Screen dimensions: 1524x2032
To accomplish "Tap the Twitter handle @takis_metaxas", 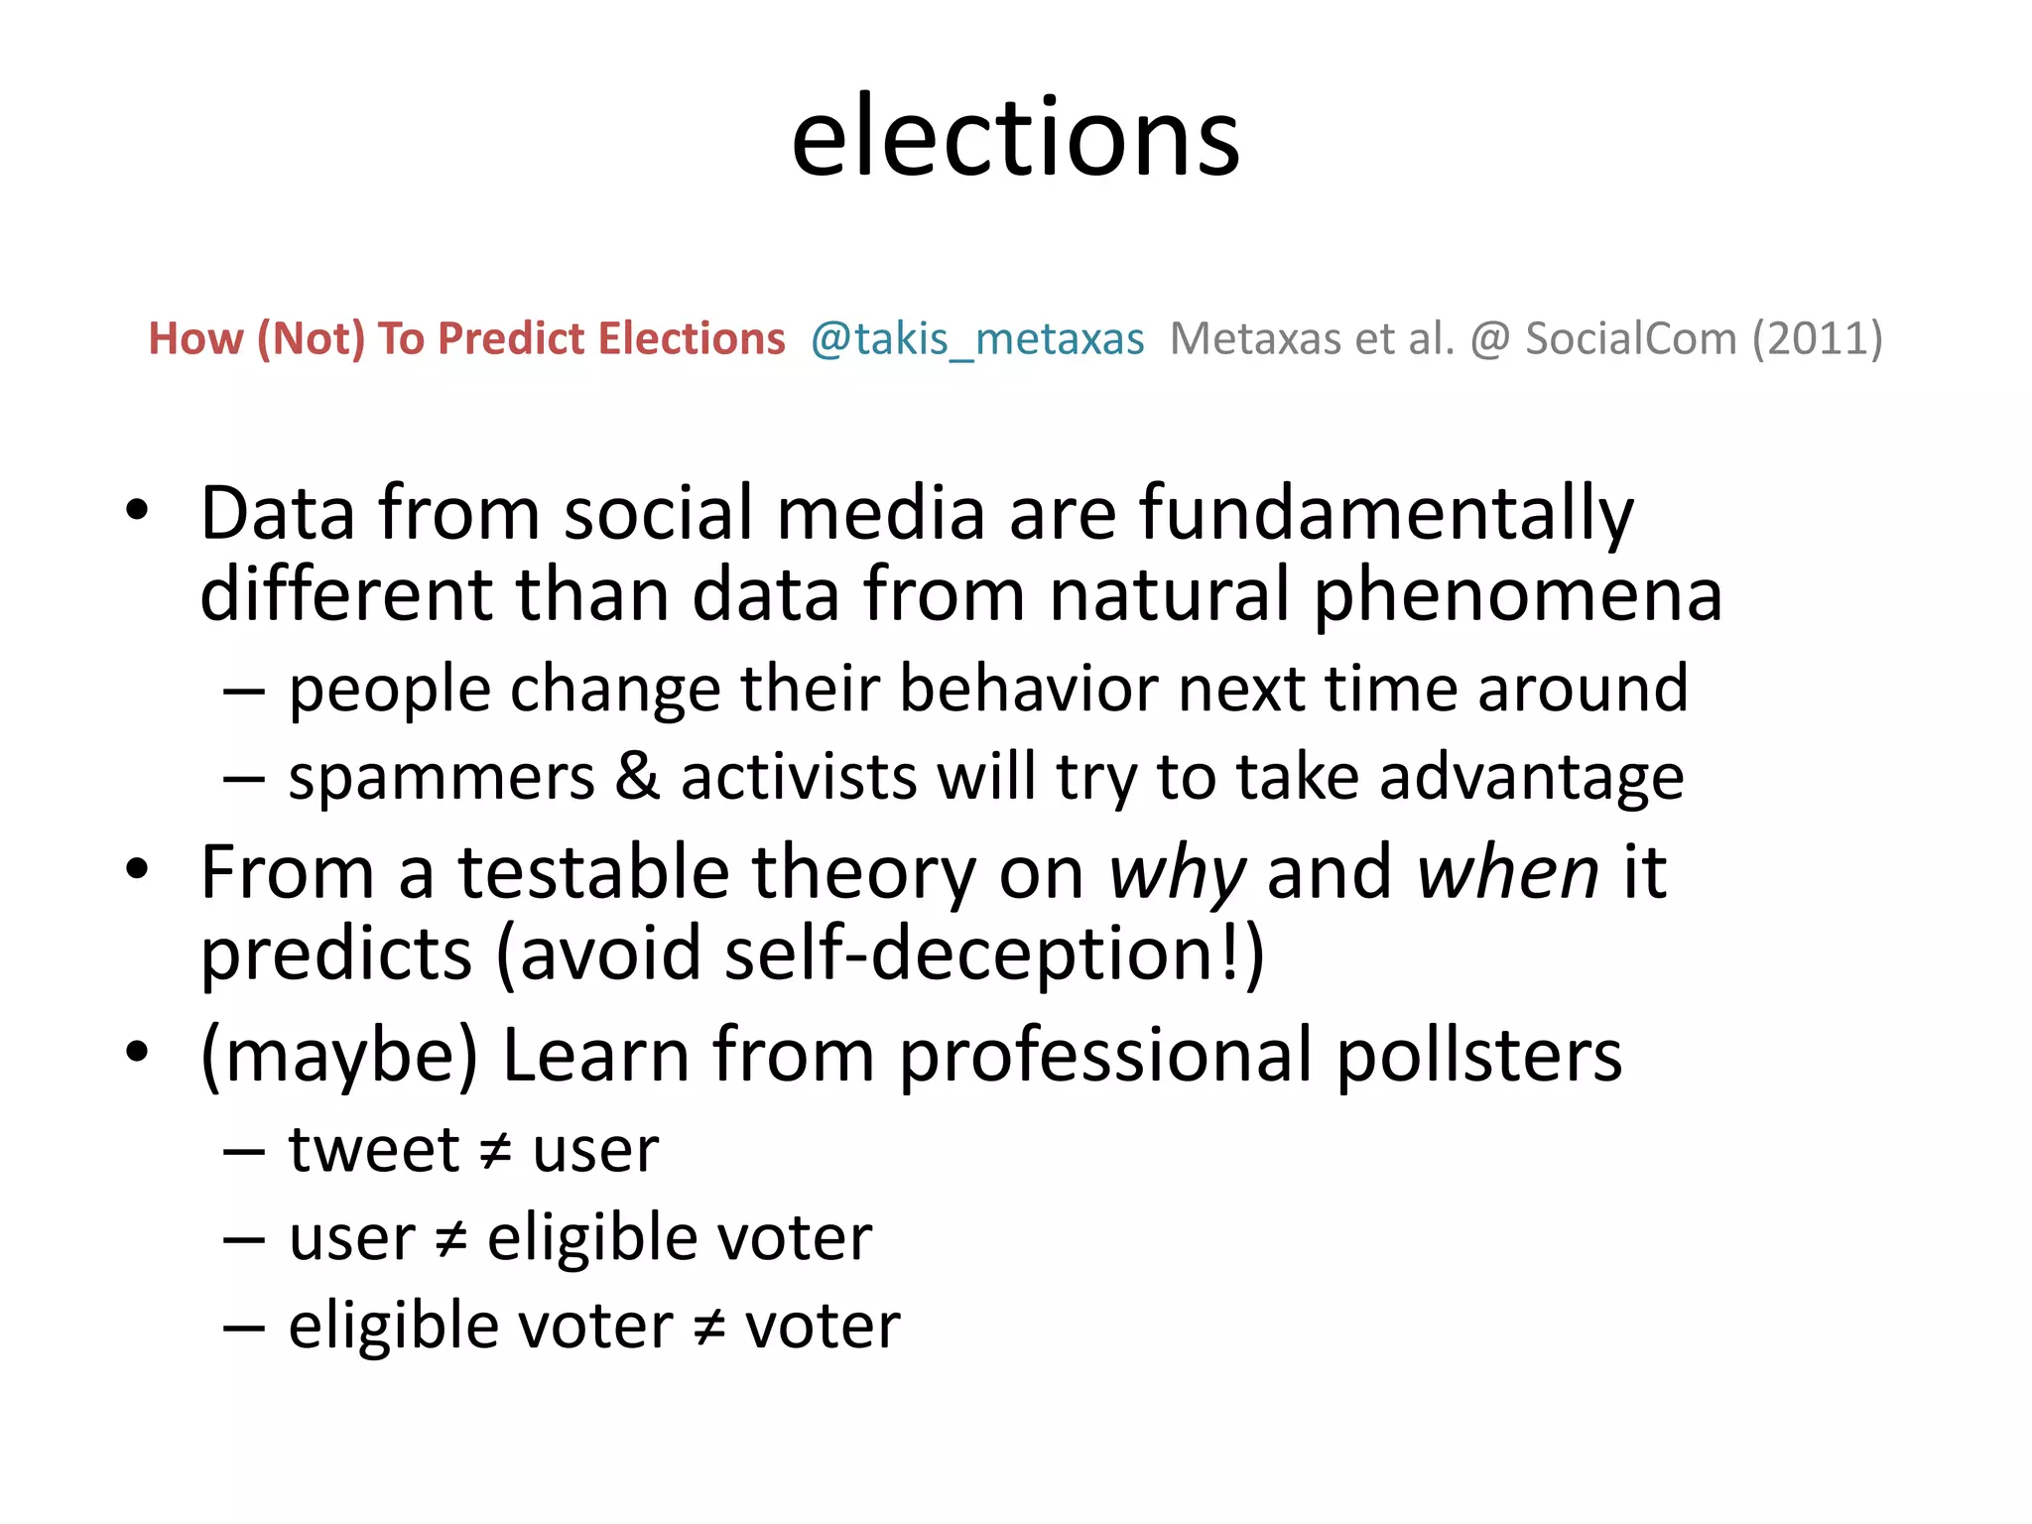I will click(977, 339).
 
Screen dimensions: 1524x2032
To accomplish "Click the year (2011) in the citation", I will click(1817, 339).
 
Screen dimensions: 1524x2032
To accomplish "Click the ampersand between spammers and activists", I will click(637, 777).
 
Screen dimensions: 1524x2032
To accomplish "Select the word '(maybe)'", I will click(339, 1056).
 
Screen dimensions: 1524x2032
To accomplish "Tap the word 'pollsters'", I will click(1479, 1056).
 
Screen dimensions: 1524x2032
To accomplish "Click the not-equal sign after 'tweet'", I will click(495, 1152).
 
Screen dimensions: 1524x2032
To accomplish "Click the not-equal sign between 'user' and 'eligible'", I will click(451, 1239).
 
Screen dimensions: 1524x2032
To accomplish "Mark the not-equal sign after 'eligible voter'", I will click(709, 1328).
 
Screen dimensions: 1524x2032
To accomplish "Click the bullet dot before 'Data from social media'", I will click(137, 511).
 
